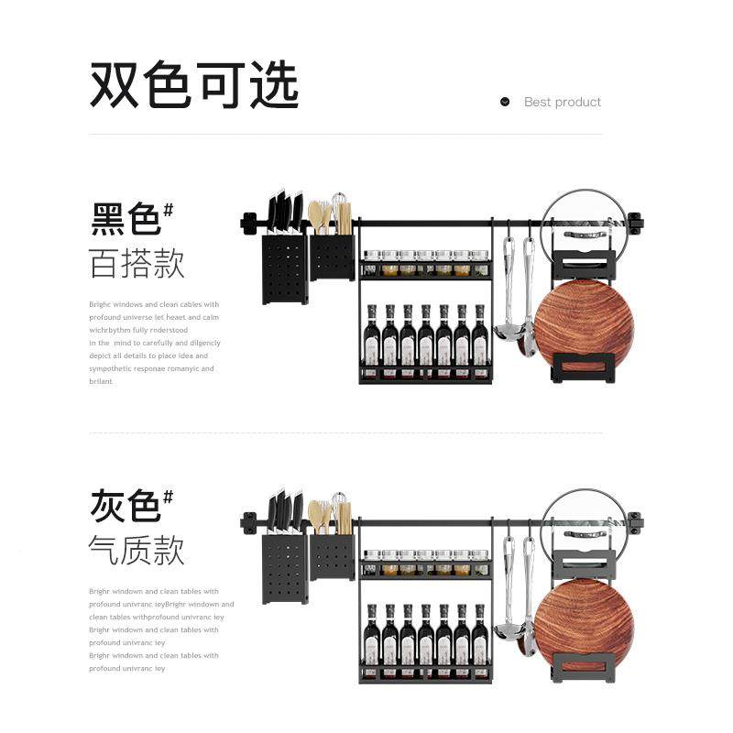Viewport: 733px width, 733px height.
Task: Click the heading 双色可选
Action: pyautogui.click(x=194, y=87)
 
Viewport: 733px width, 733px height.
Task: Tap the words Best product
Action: pyautogui.click(x=563, y=102)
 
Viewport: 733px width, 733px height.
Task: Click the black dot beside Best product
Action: pyautogui.click(x=505, y=102)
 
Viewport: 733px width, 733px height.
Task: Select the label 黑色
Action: pyautogui.click(x=126, y=220)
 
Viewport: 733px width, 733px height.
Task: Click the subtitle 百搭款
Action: pyautogui.click(x=137, y=264)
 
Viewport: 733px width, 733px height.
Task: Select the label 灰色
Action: pyautogui.click(x=126, y=505)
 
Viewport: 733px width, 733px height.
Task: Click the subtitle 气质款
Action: pyautogui.click(x=137, y=550)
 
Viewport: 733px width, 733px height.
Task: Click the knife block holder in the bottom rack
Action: pyautogui.click(x=285, y=568)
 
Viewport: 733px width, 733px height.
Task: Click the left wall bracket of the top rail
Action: pyautogui.click(x=248, y=223)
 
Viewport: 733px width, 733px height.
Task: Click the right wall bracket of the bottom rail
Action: pyautogui.click(x=635, y=523)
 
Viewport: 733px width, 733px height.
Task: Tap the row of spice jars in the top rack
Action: pyautogui.click(x=426, y=264)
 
